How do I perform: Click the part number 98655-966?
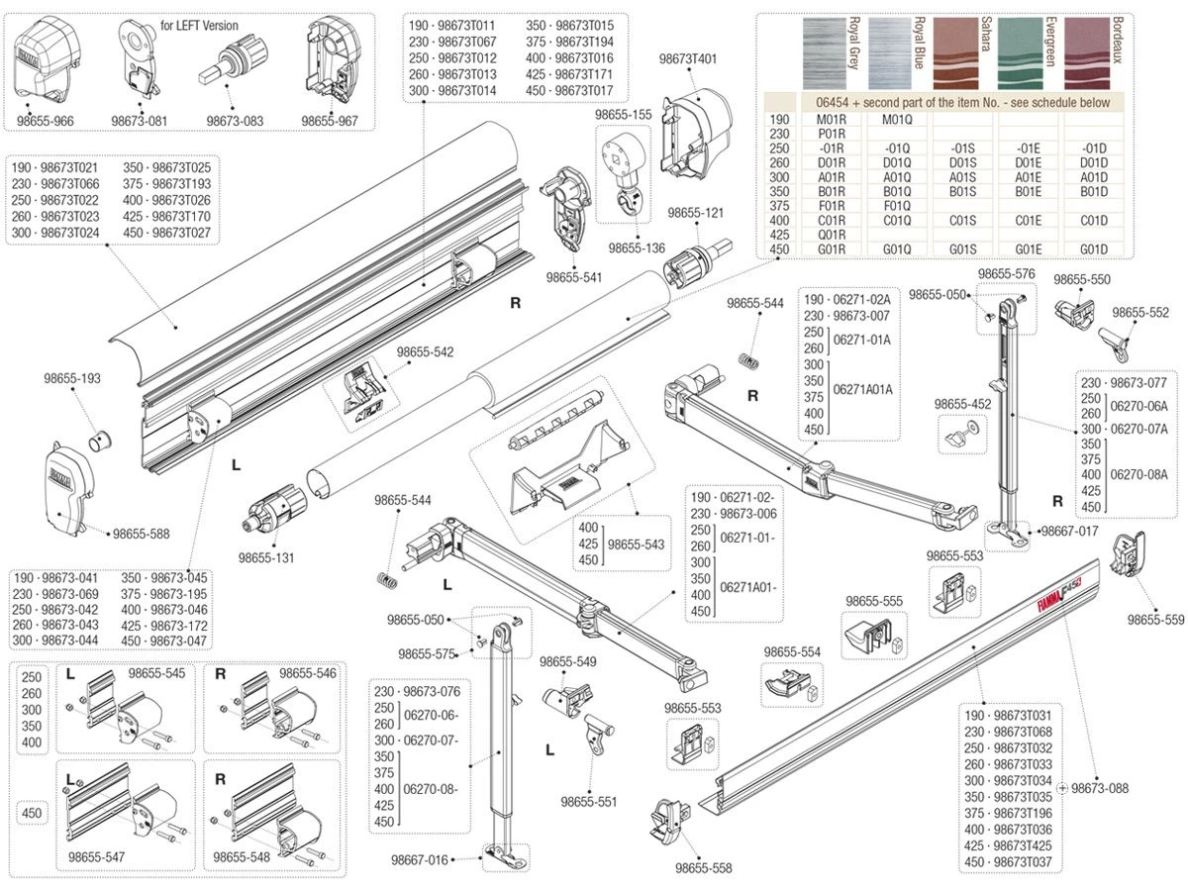[46, 121]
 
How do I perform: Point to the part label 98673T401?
[688, 59]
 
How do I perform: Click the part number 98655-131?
[266, 557]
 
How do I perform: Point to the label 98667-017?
[1069, 531]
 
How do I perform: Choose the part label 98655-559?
[1155, 621]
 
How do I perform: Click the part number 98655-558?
[704, 868]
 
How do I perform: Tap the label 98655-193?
[72, 378]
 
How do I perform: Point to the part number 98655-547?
[97, 856]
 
